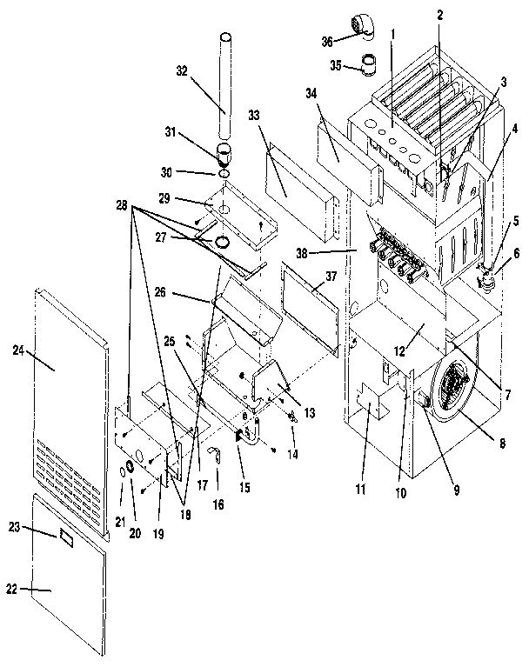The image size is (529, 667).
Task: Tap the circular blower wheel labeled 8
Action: [x=458, y=384]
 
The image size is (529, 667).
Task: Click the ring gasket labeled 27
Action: [x=222, y=241]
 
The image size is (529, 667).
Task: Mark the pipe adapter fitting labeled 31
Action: [x=224, y=157]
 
